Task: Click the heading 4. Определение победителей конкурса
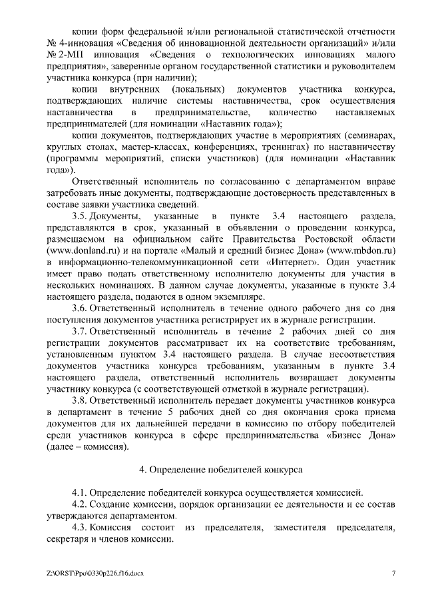[x=220, y=469]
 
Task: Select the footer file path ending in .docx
[x=95, y=573]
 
